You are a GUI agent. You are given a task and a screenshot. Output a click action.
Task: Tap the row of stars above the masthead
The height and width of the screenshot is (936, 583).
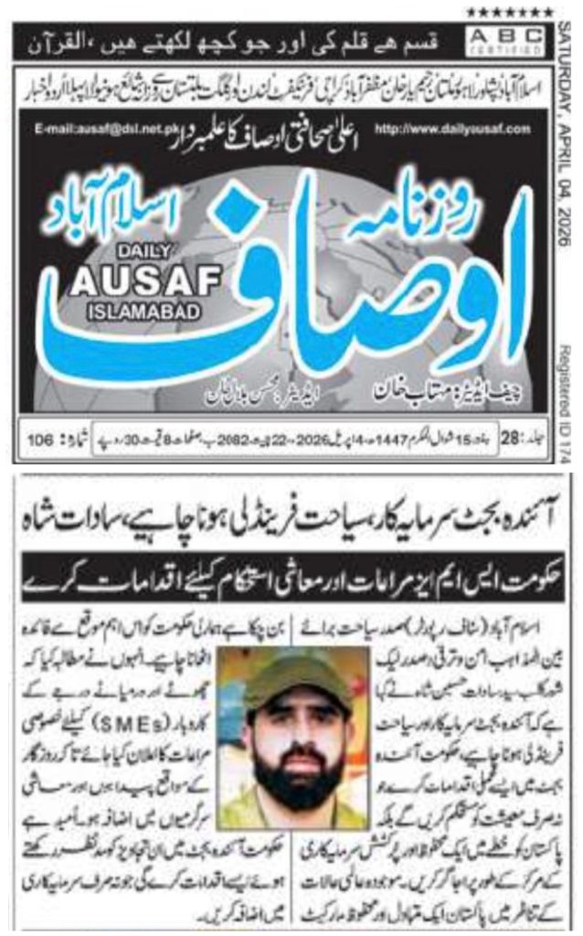coord(510,12)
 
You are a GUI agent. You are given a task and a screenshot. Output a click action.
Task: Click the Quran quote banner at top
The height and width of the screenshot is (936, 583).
coord(251,40)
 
